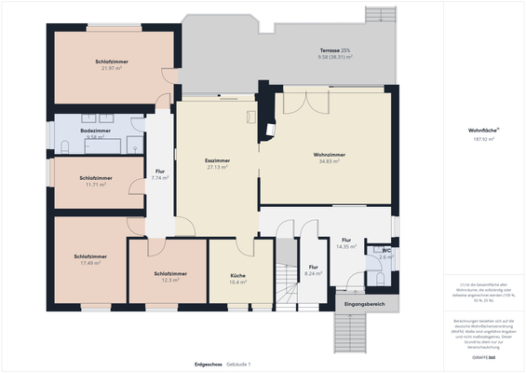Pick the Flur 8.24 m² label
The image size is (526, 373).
[x=313, y=270]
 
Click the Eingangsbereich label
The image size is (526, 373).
[x=364, y=304]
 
